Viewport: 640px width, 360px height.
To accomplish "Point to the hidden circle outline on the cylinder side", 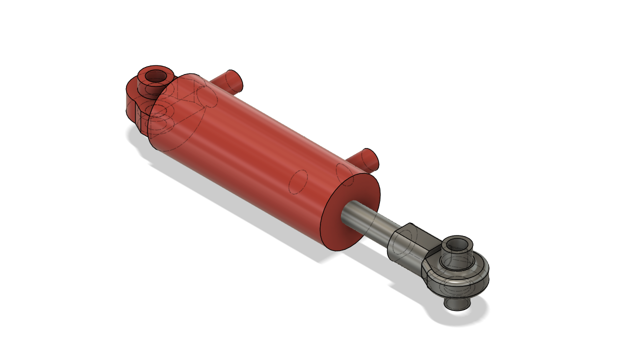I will [298, 182].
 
